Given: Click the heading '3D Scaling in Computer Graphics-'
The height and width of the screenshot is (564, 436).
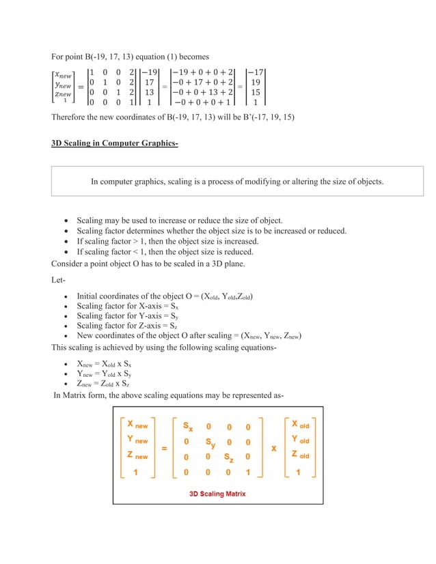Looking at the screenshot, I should click(x=114, y=143).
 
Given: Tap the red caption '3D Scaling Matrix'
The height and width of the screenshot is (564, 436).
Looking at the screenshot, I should click(x=217, y=494).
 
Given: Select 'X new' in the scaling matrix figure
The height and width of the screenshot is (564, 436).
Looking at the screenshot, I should click(x=139, y=425).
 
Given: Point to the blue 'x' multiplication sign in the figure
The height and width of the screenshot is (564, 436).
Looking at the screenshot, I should click(x=273, y=449).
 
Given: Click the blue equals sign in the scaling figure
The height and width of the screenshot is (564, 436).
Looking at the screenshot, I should click(x=165, y=449).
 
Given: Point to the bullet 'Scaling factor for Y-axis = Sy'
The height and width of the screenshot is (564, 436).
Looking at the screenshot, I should click(x=127, y=316).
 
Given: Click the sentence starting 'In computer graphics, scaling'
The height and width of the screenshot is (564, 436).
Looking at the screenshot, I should click(x=237, y=182).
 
